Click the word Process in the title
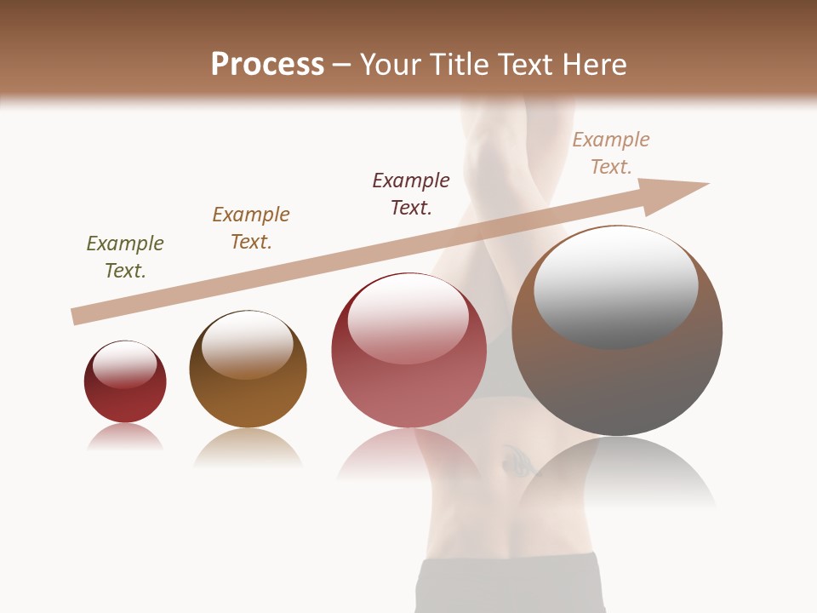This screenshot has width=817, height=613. coord(267,65)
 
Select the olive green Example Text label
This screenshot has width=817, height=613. coord(125,257)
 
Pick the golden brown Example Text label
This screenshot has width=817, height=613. coord(251,228)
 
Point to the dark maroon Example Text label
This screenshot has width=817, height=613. coord(411,194)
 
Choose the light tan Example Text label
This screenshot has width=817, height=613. coord(611,153)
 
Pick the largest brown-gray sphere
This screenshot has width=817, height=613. coord(617,383)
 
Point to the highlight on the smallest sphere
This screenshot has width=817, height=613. coord(125,364)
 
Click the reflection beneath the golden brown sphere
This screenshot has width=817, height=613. coord(248,446)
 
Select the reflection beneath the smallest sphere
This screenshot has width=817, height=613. coord(125,437)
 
